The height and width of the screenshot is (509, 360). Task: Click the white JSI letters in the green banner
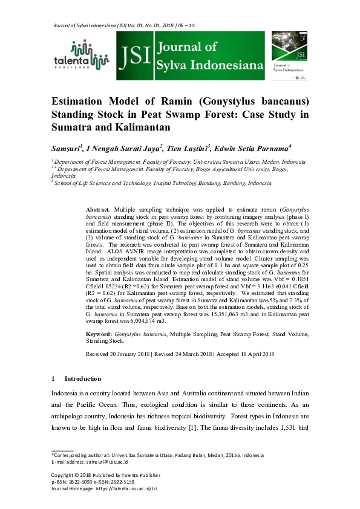(x=136, y=56)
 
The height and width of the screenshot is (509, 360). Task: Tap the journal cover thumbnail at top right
(x=290, y=55)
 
